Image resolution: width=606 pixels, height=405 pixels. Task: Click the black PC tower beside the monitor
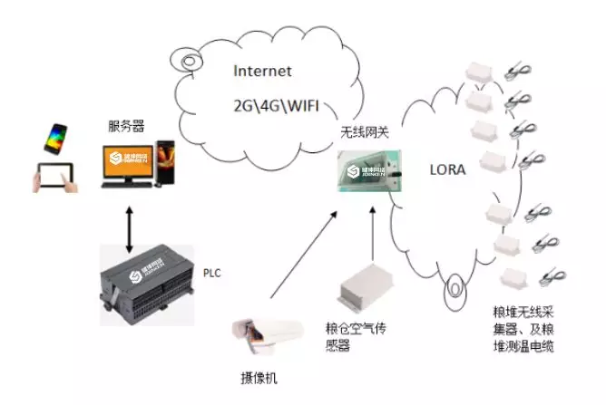[x=167, y=164]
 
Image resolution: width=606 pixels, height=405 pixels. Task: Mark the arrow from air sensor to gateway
[x=372, y=235]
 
